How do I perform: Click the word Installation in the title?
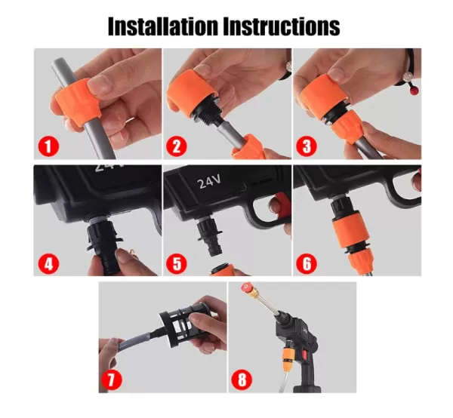click(x=163, y=26)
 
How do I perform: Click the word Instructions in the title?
click(x=282, y=26)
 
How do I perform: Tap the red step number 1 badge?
click(x=48, y=146)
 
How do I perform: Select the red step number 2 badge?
click(x=177, y=146)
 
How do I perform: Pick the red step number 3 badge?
click(x=307, y=146)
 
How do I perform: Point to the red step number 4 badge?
click(x=48, y=264)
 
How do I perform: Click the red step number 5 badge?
click(x=177, y=264)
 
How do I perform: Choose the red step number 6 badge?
click(x=307, y=264)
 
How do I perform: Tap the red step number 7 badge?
click(x=112, y=380)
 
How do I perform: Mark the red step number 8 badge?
click(x=242, y=380)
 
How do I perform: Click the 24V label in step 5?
click(x=209, y=182)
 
